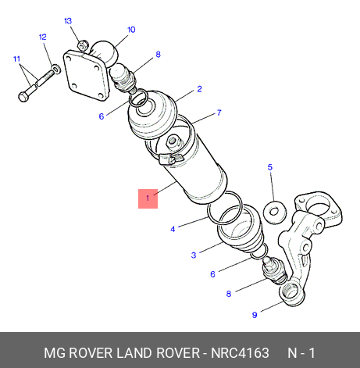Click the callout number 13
(x=68, y=21)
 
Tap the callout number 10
(x=131, y=30)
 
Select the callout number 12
(x=43, y=37)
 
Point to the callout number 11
(x=17, y=59)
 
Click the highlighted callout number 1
(x=148, y=198)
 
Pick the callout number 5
(x=270, y=167)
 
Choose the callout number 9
(x=255, y=315)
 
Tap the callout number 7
(x=219, y=113)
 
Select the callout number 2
(x=199, y=89)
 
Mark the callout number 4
(x=173, y=229)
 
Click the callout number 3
(x=194, y=255)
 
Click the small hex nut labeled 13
(x=84, y=45)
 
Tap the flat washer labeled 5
(x=274, y=212)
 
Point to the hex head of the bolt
(x=23, y=97)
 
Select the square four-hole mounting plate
(x=87, y=74)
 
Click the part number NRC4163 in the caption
(x=240, y=353)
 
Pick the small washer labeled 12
(x=56, y=69)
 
